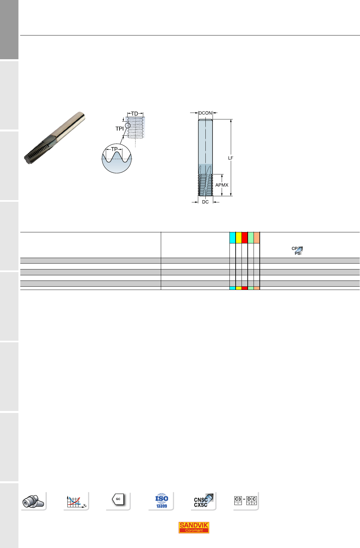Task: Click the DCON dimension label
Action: (x=205, y=113)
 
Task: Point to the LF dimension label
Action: (x=230, y=158)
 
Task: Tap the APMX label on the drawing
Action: (x=222, y=185)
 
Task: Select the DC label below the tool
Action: (x=205, y=202)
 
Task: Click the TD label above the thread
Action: (x=135, y=114)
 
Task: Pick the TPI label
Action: (x=119, y=129)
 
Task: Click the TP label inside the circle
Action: (x=114, y=149)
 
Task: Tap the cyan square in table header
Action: (x=232, y=238)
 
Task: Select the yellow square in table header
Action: (x=239, y=238)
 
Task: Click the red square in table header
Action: (x=244, y=238)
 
